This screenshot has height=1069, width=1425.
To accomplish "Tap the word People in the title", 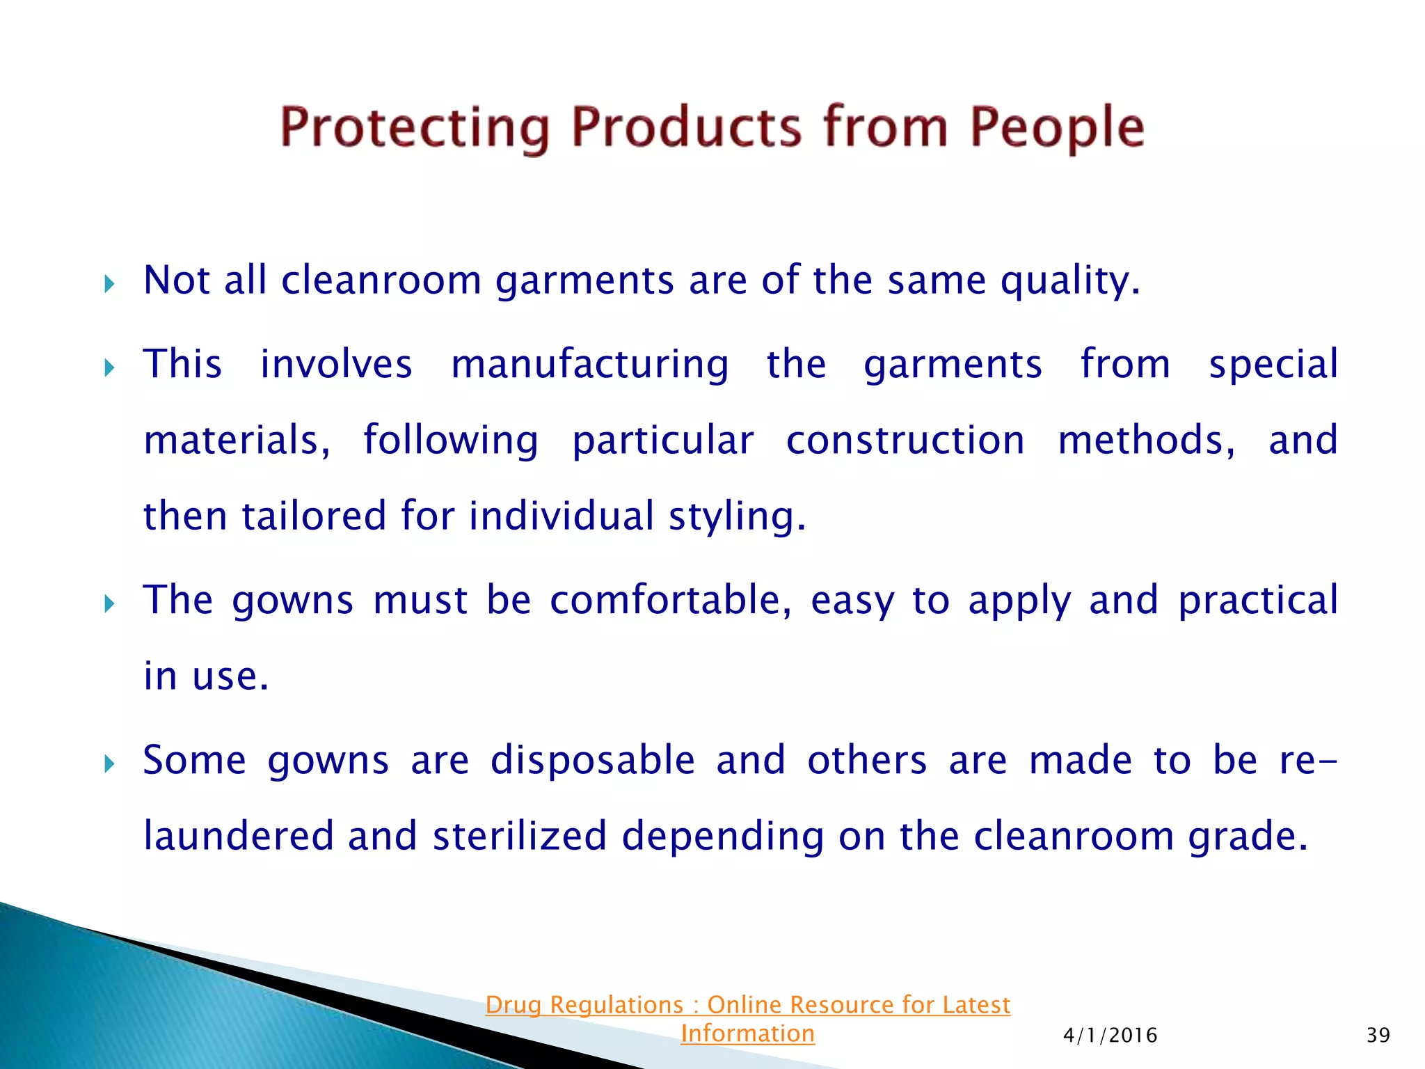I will point(1056,127).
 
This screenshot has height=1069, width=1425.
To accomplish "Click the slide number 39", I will point(1378,1035).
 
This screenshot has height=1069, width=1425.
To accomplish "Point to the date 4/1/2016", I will point(1110,1035).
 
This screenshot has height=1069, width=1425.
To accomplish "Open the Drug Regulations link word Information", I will point(747,1034).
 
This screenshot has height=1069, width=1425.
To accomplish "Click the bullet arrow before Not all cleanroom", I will point(109,283).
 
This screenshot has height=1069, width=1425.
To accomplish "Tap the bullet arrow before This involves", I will point(109,367).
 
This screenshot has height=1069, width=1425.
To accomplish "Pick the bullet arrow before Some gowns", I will point(109,763).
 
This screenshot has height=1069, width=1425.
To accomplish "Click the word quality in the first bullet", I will point(1069,280).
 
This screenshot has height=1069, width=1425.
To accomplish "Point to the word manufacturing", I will point(590,364).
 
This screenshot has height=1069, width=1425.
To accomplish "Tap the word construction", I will point(905,440).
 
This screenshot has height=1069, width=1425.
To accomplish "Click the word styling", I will point(736,516).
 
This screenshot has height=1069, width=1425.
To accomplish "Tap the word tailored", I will point(314,516).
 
